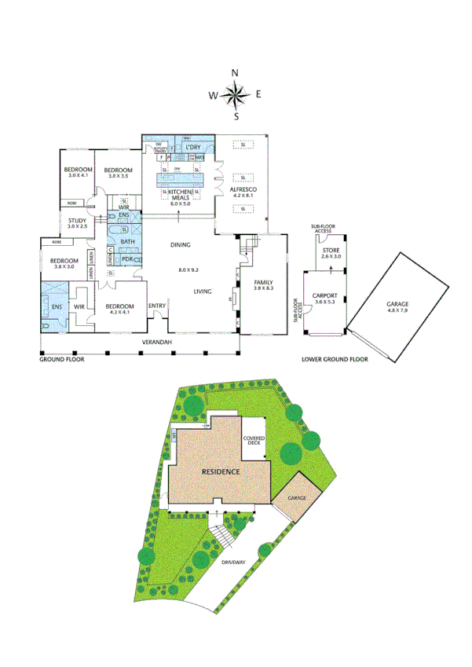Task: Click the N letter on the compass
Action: coord(235,73)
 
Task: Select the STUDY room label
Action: coord(77,221)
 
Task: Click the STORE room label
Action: coord(331,250)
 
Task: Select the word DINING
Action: coord(181,245)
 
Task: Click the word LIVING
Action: coord(206,291)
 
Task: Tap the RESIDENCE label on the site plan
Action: coord(220,472)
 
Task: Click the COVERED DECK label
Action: coord(254,441)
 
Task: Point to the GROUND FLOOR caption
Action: coord(62,358)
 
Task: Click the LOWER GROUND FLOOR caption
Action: coord(335,359)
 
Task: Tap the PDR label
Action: coord(126,259)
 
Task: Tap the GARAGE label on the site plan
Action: coord(297,498)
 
